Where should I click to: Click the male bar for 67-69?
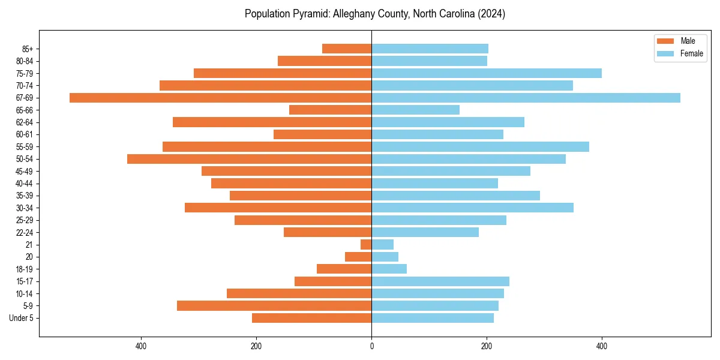coord(220,98)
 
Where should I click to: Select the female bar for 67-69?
coord(526,98)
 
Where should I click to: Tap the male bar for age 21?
coord(366,244)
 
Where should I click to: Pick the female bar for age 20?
coord(385,257)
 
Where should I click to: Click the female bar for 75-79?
coord(487,73)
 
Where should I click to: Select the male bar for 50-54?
coord(249,159)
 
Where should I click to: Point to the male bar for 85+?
coord(347,49)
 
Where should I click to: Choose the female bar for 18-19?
coord(389,269)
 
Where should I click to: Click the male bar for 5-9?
coord(274,305)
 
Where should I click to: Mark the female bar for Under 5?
coord(433,318)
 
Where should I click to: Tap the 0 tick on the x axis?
coord(371,346)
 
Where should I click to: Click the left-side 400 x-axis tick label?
coord(141,346)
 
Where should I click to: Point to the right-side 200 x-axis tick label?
coord(487,346)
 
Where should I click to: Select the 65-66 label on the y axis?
coord(25,110)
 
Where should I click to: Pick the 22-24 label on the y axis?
coord(25,232)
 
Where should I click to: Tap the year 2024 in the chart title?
coord(493,14)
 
